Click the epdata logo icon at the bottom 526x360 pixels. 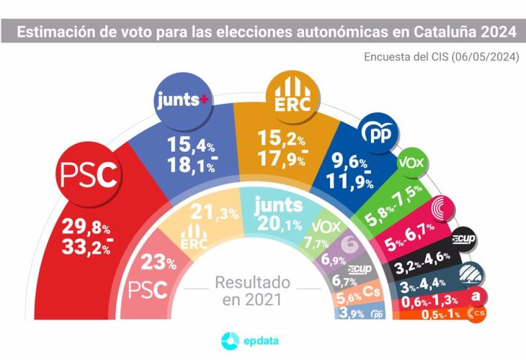(x=229, y=341)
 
